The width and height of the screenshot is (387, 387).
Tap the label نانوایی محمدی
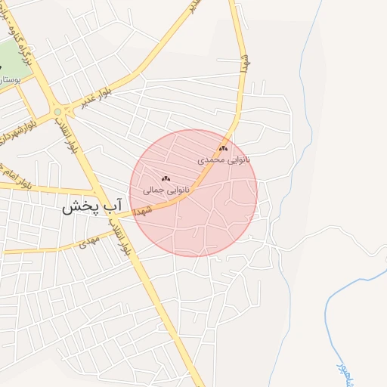click(x=223, y=159)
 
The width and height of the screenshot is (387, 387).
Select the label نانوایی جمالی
click(x=167, y=190)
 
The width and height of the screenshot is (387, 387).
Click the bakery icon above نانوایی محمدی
click(x=223, y=149)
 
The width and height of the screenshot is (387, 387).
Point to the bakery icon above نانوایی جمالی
click(x=166, y=179)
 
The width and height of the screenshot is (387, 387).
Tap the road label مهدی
click(x=90, y=242)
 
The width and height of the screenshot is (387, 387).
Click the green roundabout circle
click(x=57, y=113)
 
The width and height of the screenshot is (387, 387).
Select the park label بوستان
click(x=11, y=79)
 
